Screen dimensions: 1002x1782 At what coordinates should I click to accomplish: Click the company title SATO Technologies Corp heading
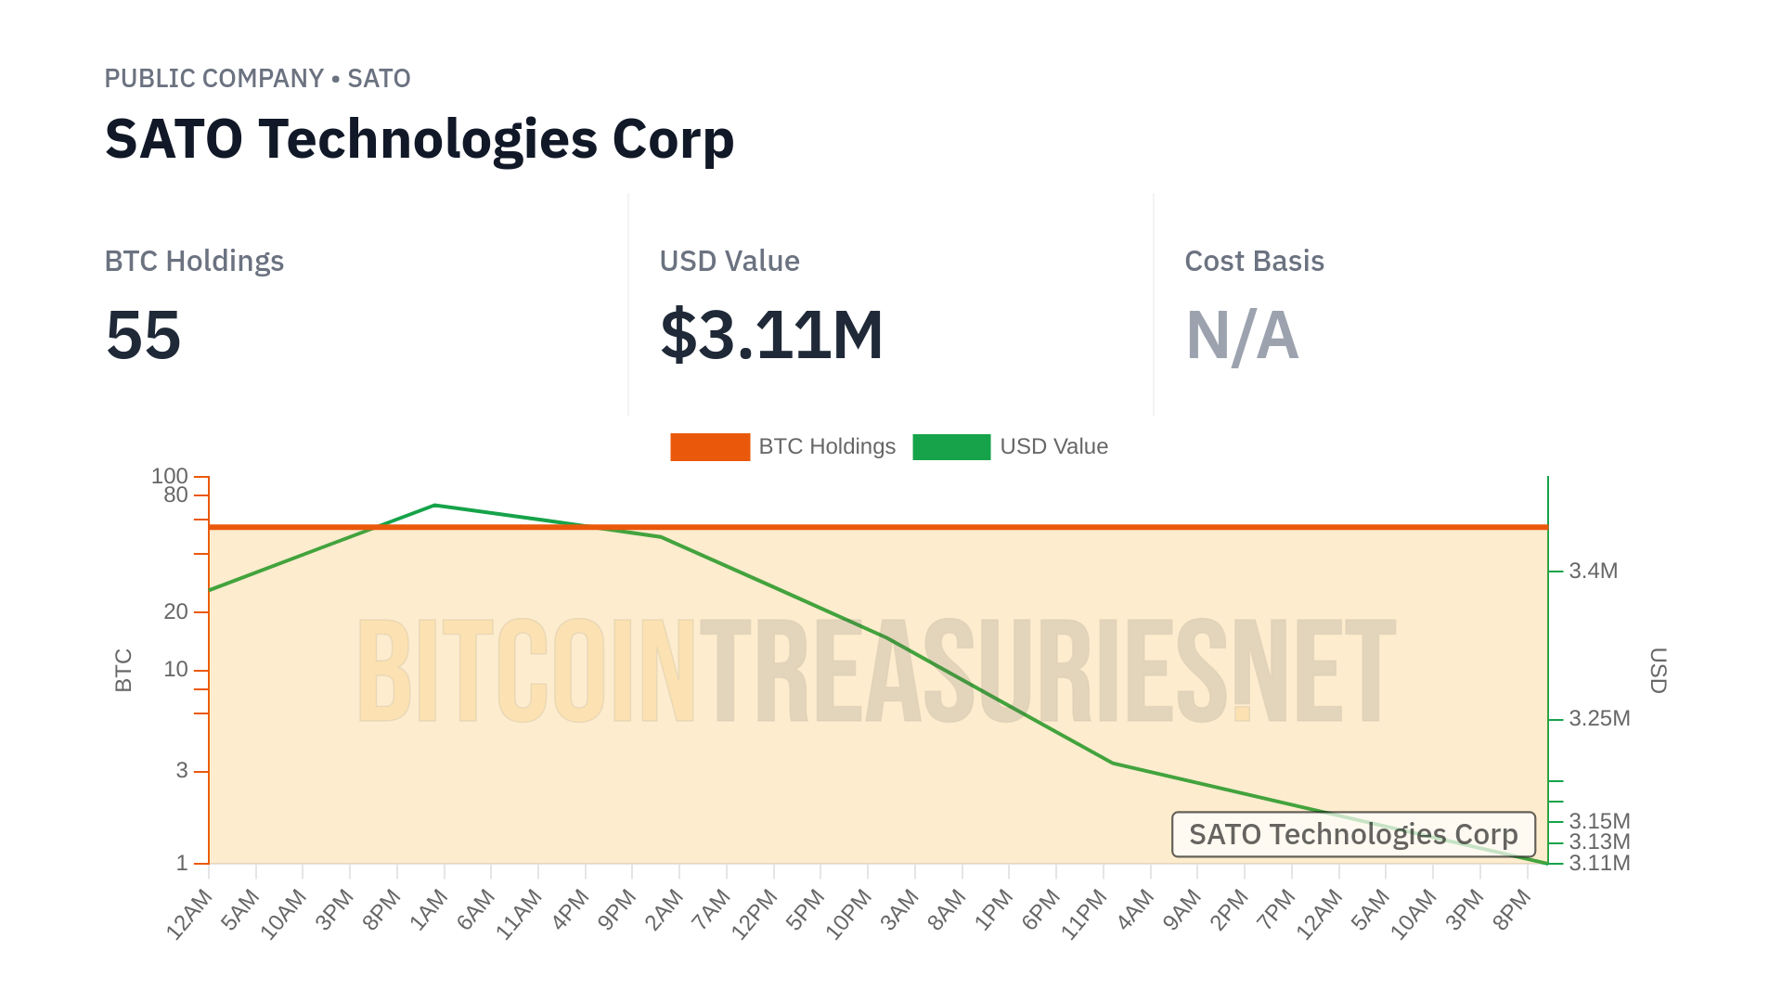coord(420,139)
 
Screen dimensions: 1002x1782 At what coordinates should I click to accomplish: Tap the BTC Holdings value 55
coord(143,335)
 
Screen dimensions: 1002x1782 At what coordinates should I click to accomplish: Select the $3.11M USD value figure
coord(771,335)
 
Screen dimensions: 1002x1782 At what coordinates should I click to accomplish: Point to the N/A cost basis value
coord(1242,335)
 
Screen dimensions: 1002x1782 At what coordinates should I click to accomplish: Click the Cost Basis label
coord(1254,262)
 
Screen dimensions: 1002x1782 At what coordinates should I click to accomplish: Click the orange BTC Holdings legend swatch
coord(710,447)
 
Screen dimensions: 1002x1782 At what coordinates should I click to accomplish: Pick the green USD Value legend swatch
coord(951,447)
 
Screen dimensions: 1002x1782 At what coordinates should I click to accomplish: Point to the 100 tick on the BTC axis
coord(170,476)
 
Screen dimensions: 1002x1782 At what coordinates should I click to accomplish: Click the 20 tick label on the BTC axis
coord(175,611)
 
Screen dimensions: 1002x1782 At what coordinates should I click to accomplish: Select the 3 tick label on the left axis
coord(182,770)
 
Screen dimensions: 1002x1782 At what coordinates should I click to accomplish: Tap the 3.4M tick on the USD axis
coord(1593,572)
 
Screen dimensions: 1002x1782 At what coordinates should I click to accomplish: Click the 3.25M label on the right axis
coord(1599,719)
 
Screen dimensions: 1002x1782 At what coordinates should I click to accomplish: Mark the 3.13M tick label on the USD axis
coord(1599,842)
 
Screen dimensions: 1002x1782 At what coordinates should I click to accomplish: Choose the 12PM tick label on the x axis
coord(755,914)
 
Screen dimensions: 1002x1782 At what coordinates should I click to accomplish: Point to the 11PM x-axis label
coord(1084,914)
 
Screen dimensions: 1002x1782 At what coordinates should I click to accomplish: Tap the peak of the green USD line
coord(435,506)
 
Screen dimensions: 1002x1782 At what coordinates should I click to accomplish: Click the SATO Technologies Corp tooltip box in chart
coord(1353,834)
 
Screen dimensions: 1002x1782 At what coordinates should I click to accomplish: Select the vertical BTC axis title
coord(123,670)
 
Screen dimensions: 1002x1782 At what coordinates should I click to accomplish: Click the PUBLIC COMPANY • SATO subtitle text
coord(257,79)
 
